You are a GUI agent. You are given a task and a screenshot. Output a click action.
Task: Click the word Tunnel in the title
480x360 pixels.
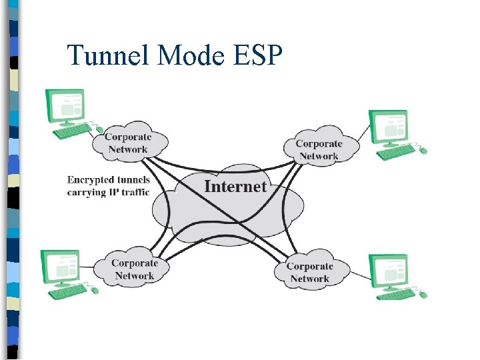[109, 55]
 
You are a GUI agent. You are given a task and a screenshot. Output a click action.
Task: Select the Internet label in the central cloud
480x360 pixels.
[235, 187]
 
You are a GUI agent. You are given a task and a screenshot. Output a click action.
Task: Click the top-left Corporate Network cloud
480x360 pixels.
[128, 143]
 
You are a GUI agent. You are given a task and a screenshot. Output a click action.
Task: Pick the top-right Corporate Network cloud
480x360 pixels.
[319, 149]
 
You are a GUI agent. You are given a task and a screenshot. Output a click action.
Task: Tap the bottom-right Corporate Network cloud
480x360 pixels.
[309, 273]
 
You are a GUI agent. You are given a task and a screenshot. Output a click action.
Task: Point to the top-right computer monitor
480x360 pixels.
[389, 127]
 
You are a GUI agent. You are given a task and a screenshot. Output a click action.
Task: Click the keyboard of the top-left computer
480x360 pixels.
[72, 132]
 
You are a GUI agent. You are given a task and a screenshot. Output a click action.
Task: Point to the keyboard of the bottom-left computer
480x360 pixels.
[67, 291]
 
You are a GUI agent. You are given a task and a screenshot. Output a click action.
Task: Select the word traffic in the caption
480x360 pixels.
[133, 193]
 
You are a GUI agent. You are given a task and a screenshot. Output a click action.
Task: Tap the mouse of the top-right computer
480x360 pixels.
[423, 151]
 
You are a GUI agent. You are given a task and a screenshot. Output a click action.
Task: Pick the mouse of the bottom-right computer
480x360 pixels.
[423, 294]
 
